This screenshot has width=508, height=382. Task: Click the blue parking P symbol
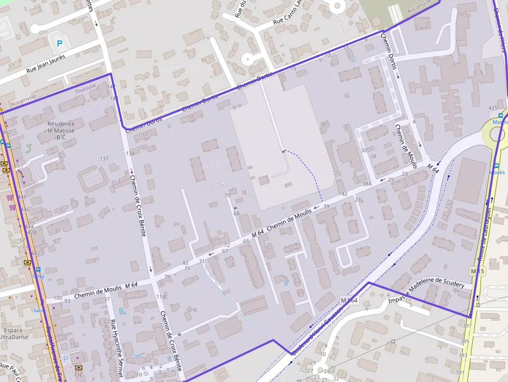coord(59,44)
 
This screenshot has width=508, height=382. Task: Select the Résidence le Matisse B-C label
coord(61,131)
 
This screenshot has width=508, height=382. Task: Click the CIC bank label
coord(79,374)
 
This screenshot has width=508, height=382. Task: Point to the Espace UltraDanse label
coord(12,333)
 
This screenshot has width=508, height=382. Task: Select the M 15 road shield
coord(477,271)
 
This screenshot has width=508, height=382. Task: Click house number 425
coord(493,108)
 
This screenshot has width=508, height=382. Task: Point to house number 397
coord(467,326)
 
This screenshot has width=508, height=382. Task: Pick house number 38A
coord(367,184)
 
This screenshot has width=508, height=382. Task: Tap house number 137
coord(104,159)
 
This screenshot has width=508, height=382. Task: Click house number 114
coord(161,296)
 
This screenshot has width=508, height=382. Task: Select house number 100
coord(58,298)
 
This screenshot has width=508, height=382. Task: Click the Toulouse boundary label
coord(86,91)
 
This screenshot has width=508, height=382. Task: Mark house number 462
coord(6,132)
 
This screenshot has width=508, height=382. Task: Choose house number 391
coord(460,373)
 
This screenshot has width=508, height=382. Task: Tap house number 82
coord(186,263)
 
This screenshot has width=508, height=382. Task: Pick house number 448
coord(22,197)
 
